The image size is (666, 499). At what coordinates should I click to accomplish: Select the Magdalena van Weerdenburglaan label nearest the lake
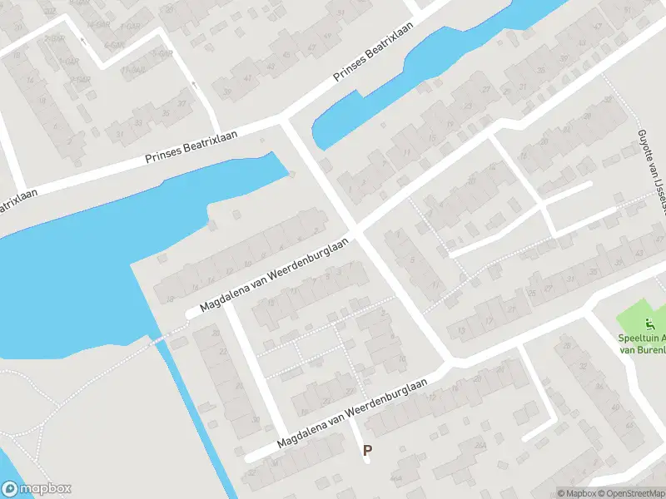click(x=274, y=275)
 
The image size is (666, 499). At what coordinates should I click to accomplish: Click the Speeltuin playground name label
click(x=643, y=343)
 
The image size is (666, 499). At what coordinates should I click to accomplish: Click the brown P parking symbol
click(x=366, y=450)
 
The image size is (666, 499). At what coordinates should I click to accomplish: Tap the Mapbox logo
click(x=37, y=489)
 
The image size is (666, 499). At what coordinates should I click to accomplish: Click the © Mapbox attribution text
click(x=578, y=493)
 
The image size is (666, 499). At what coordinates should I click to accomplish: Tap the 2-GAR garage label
click(x=55, y=38)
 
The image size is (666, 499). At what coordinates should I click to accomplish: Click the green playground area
click(x=641, y=312)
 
